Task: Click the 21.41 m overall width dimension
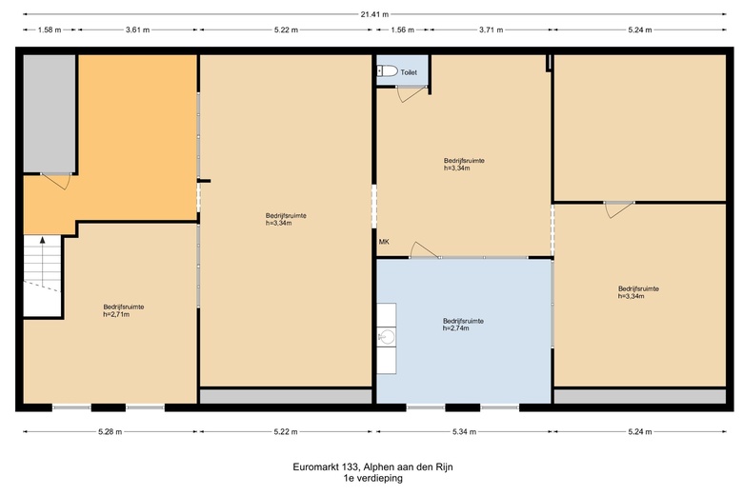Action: [x=374, y=14]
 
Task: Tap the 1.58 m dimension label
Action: [x=50, y=30]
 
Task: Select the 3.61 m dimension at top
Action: [x=137, y=30]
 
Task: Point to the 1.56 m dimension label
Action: [x=402, y=30]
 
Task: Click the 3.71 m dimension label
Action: [x=491, y=30]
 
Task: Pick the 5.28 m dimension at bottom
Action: [x=110, y=431]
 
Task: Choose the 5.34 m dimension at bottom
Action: [x=465, y=431]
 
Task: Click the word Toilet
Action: [x=409, y=72]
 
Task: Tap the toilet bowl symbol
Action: [x=387, y=71]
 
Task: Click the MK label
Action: [x=384, y=242]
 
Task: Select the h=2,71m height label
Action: [x=116, y=314]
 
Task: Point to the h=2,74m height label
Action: [x=456, y=328]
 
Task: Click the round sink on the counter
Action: [x=388, y=337]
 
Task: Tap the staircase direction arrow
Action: [x=43, y=262]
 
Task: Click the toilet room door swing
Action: [x=412, y=94]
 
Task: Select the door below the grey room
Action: [x=56, y=181]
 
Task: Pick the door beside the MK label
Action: [x=425, y=249]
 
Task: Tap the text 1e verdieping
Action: [x=373, y=478]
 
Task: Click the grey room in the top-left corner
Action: [x=50, y=113]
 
